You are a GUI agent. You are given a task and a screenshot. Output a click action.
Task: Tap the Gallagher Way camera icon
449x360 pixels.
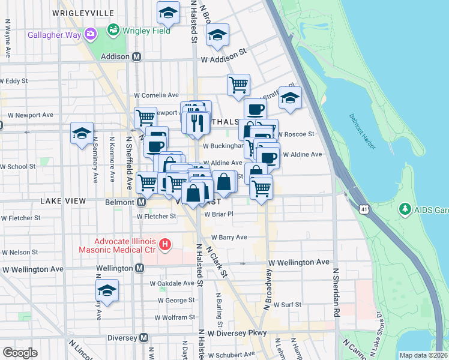[x=91, y=33]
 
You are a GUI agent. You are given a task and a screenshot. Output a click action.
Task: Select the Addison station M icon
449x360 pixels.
[x=137, y=57]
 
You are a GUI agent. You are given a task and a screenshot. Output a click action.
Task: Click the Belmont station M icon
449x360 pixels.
[x=140, y=202]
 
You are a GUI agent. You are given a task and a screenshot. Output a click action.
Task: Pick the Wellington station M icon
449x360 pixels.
[x=140, y=268]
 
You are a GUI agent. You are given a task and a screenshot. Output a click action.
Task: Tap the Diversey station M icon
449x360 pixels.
[x=144, y=338]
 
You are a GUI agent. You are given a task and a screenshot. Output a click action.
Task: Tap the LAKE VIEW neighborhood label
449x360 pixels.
[x=63, y=202]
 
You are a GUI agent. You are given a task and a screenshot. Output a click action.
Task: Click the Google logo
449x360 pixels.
[x=20, y=353]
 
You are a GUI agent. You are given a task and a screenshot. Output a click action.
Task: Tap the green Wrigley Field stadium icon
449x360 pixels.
[x=112, y=29]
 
